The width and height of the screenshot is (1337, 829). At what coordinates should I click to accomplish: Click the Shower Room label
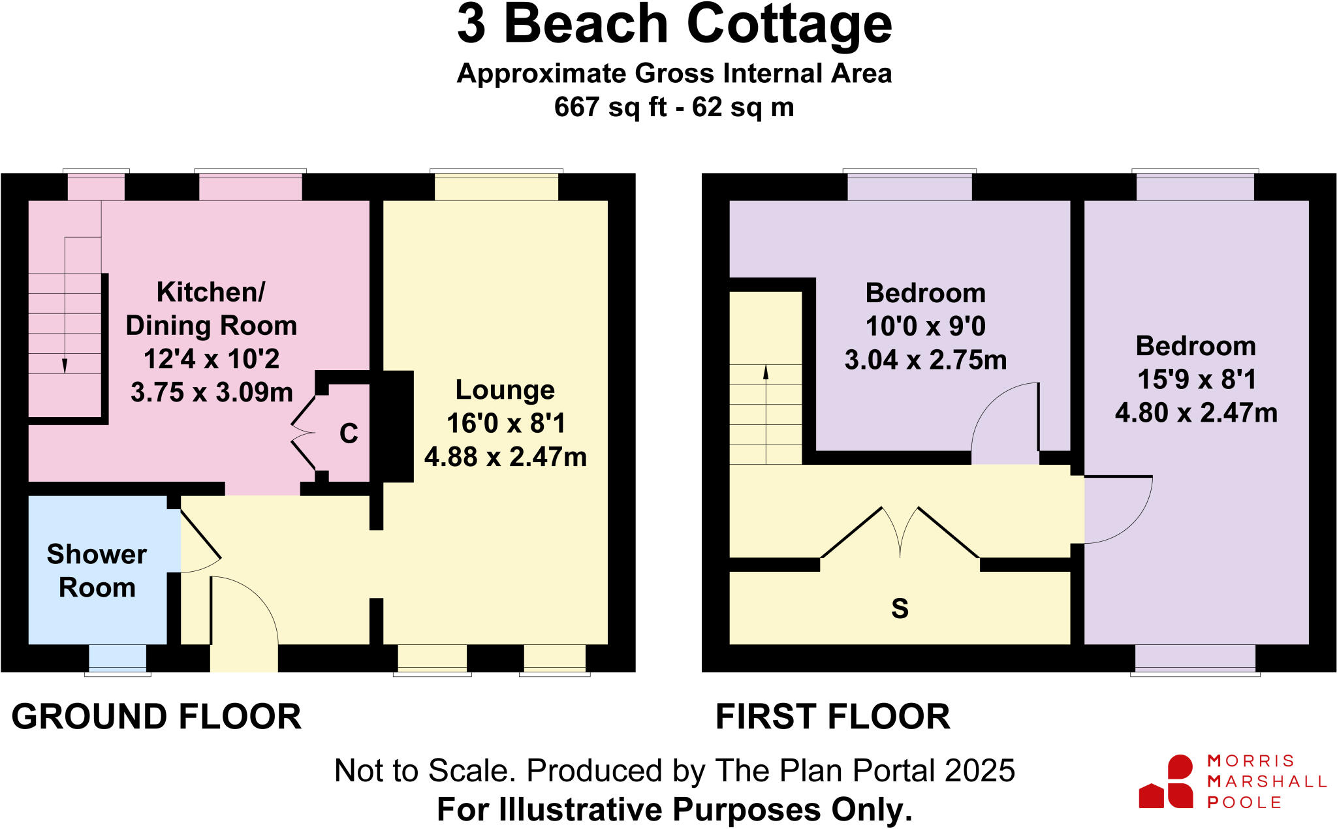pyautogui.click(x=97, y=571)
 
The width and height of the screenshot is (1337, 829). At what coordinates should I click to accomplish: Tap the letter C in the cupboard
pyautogui.click(x=349, y=434)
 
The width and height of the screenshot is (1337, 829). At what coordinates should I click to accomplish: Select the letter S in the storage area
pyautogui.click(x=900, y=608)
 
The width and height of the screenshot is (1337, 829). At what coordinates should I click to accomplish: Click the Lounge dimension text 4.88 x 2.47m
pyautogui.click(x=505, y=457)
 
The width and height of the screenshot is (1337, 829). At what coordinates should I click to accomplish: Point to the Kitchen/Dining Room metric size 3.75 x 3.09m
pyautogui.click(x=212, y=392)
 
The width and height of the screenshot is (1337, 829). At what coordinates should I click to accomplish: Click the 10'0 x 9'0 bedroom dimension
pyautogui.click(x=925, y=326)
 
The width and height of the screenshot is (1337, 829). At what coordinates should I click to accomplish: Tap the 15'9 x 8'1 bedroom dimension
pyautogui.click(x=1196, y=379)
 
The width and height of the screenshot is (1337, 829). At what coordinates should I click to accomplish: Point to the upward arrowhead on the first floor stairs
pyautogui.click(x=766, y=372)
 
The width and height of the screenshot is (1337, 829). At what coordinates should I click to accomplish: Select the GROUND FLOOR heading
pyautogui.click(x=156, y=717)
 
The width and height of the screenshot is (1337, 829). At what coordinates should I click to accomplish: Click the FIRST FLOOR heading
pyautogui.click(x=832, y=717)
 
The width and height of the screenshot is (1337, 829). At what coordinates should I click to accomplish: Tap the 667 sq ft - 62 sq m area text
pyautogui.click(x=674, y=107)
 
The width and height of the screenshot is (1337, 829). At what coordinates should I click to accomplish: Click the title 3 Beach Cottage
pyautogui.click(x=674, y=25)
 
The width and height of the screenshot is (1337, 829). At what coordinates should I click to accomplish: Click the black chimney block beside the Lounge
pyautogui.click(x=396, y=426)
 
